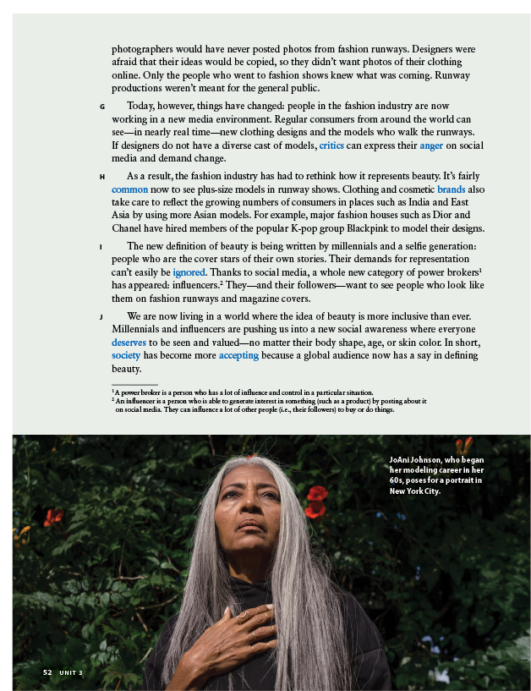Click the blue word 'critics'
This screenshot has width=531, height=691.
tap(331, 145)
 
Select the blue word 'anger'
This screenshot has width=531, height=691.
tap(431, 145)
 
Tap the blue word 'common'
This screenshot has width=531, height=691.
tap(129, 189)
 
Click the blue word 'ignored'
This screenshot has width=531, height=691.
tap(189, 272)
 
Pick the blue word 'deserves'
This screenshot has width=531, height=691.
tap(129, 343)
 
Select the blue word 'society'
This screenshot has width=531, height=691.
tap(126, 356)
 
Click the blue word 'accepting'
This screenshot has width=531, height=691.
tap(238, 356)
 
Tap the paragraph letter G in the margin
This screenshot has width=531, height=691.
tap(101, 107)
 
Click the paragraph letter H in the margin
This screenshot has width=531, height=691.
tap(101, 177)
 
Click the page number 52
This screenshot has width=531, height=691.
tap(48, 672)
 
